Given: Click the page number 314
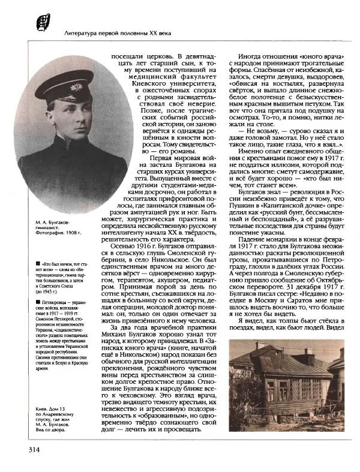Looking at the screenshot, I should click(31, 449).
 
